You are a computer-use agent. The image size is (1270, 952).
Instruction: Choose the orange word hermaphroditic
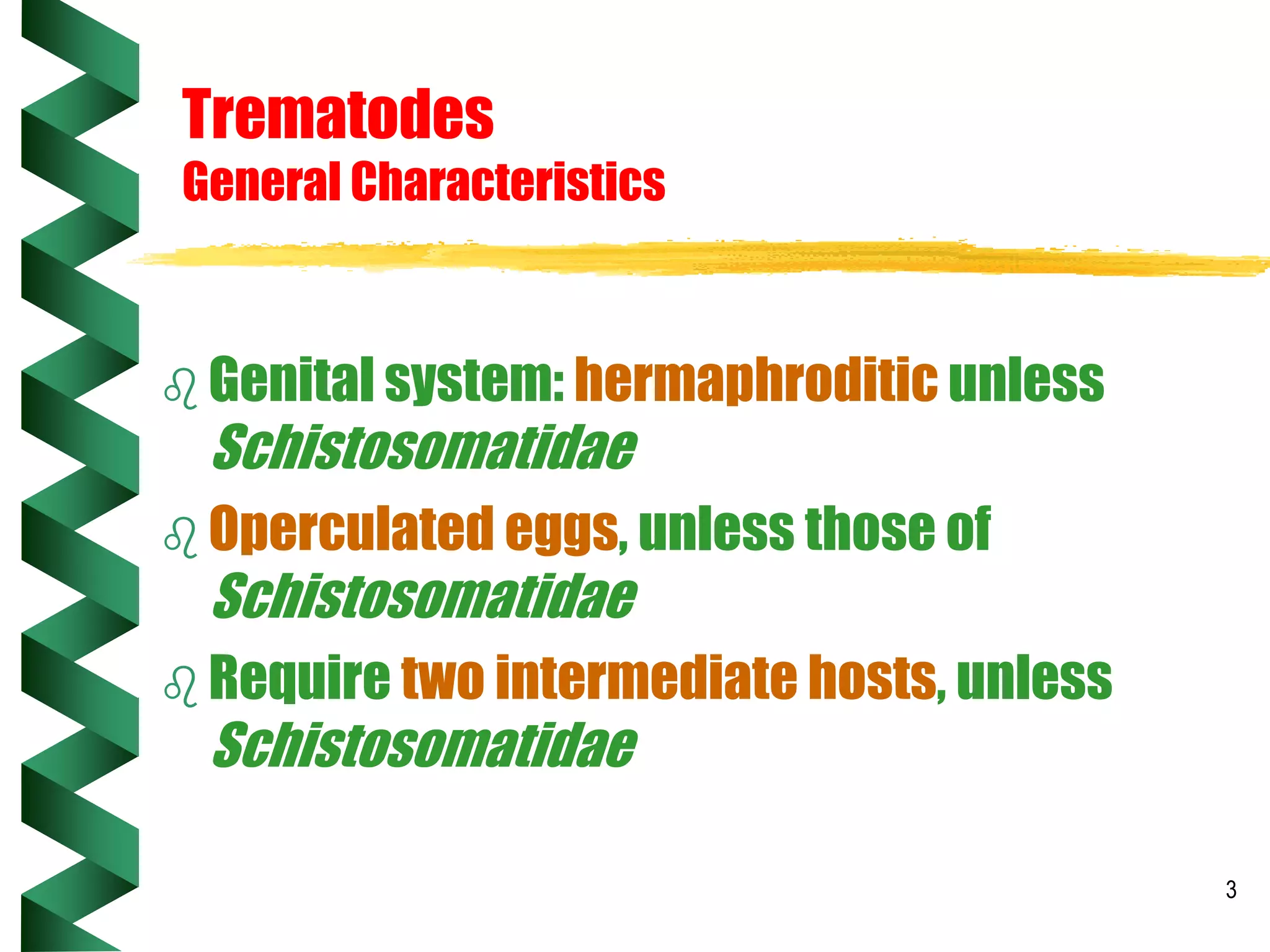(756, 381)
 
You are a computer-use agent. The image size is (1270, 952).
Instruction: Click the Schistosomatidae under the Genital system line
(425, 447)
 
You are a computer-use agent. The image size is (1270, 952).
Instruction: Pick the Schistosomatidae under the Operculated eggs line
(425, 596)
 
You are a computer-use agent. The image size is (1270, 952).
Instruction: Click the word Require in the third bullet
(300, 679)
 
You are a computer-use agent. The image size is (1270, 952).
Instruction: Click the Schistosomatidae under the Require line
(425, 745)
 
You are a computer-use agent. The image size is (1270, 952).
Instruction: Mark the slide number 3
(1231, 890)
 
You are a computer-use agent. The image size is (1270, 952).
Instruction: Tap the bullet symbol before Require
(180, 687)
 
